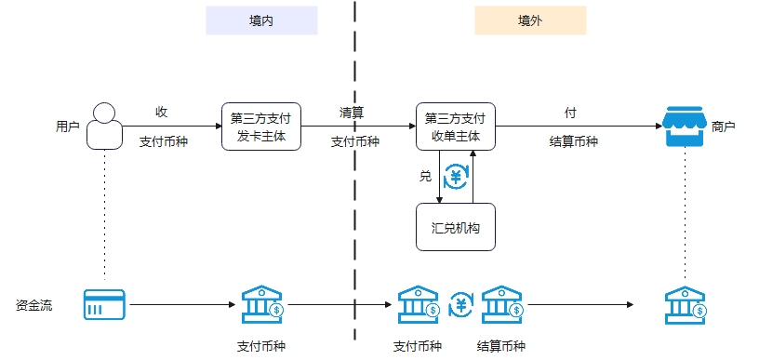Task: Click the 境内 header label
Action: coord(261,20)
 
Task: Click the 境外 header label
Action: coord(530,20)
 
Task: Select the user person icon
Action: coord(105,127)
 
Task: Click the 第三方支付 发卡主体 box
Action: coord(260,127)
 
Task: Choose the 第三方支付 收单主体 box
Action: coord(456,127)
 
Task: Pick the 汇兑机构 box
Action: coord(456,227)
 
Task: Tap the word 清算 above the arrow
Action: coord(352,113)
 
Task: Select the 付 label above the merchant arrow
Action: coord(570,113)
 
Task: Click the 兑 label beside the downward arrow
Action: coord(426,175)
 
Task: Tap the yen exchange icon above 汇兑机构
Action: coord(456,176)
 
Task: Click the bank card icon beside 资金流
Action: coord(103,304)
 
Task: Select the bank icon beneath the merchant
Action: coord(686,304)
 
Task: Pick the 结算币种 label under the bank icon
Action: coord(500,346)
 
